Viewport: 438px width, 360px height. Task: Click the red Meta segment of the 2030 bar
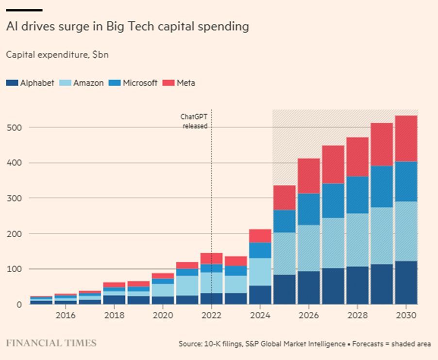click(406, 138)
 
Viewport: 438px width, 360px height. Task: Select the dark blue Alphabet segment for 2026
click(309, 287)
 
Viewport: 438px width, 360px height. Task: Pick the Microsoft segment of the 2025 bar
click(285, 221)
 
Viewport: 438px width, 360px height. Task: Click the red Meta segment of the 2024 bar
click(260, 236)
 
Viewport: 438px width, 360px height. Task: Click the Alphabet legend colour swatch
click(12, 83)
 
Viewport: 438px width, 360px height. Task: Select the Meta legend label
click(186, 83)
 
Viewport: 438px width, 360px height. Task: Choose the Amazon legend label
click(88, 83)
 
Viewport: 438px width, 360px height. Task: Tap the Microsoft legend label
click(140, 83)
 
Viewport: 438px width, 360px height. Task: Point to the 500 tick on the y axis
click(15, 127)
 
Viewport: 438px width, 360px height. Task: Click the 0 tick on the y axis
click(19, 305)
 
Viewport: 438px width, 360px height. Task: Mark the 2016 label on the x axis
click(66, 316)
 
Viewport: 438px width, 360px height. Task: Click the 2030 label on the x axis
click(406, 316)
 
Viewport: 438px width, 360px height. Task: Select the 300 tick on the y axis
click(15, 198)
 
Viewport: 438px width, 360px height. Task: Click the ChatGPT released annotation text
click(195, 121)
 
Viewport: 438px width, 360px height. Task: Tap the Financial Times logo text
click(51, 343)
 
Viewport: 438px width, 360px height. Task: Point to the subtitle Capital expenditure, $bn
click(57, 54)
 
